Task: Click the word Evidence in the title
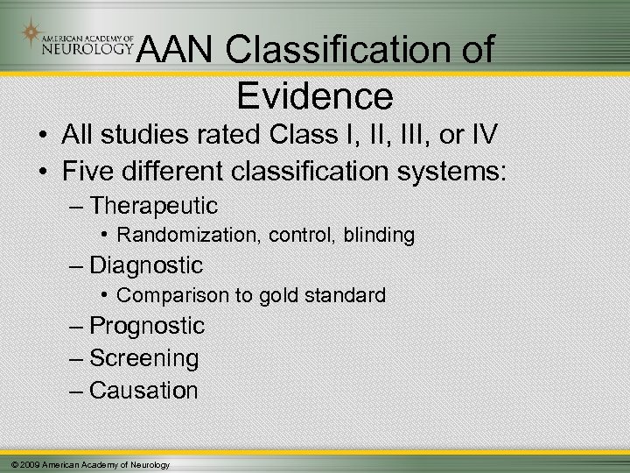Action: coord(314,94)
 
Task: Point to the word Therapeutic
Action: coord(154,206)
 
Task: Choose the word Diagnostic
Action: coord(146,265)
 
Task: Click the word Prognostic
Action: coord(147,327)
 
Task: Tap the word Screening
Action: coord(144,358)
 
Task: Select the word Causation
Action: coord(144,391)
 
